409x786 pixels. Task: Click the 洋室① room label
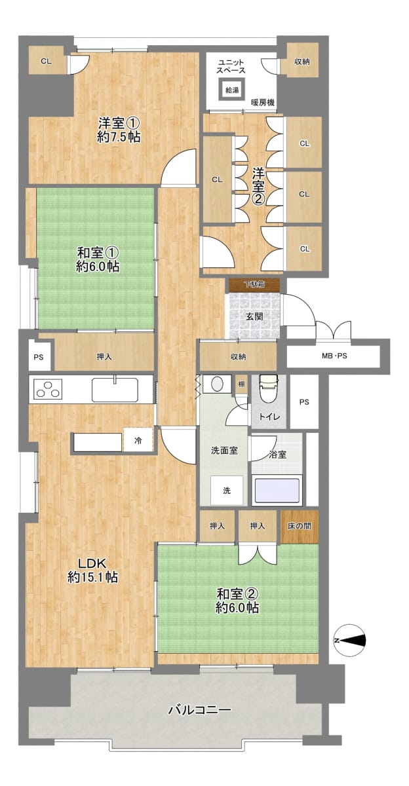point(119,123)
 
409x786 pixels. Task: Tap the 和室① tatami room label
point(98,253)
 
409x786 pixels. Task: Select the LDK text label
point(92,563)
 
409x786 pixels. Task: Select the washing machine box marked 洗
point(227,490)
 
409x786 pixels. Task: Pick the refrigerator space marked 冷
point(138,440)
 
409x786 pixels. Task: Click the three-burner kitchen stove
point(47,388)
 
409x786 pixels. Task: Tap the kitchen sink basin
point(115,390)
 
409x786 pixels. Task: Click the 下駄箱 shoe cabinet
point(254,285)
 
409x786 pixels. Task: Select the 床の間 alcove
point(300,527)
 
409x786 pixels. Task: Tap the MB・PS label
point(334,356)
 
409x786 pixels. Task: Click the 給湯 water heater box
point(232,90)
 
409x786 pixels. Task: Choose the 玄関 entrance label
point(254,316)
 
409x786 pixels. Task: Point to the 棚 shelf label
point(242,384)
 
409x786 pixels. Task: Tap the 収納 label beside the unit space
point(302,62)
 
